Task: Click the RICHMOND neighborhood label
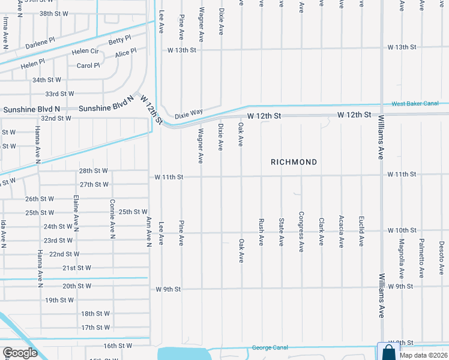pyautogui.click(x=294, y=162)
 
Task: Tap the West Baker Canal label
pyautogui.click(x=414, y=104)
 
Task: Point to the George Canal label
pyautogui.click(x=270, y=347)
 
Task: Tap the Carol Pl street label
pyautogui.click(x=88, y=65)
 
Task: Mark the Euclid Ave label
pyautogui.click(x=361, y=232)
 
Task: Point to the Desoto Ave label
pyautogui.click(x=441, y=254)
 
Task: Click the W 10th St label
pyautogui.click(x=402, y=230)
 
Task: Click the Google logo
pyautogui.click(x=20, y=353)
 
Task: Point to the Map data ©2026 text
pyautogui.click(x=423, y=355)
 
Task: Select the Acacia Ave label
pyautogui.click(x=341, y=232)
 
